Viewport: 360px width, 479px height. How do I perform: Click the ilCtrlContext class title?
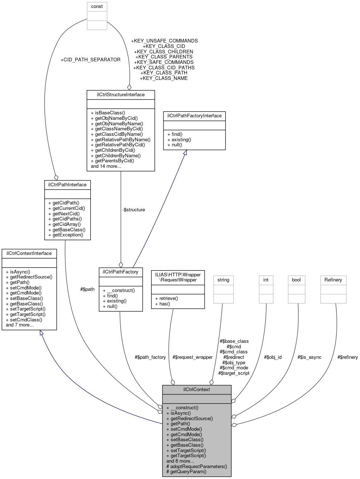(197, 389)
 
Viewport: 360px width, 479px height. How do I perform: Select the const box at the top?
(97, 7)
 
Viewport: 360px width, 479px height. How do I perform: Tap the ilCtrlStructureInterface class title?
(121, 95)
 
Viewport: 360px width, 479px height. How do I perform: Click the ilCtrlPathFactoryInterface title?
(194, 116)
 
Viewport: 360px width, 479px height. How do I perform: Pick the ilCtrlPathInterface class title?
(68, 185)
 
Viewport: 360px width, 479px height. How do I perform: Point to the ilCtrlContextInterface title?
(29, 253)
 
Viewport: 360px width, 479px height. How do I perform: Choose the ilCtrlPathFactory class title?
(121, 272)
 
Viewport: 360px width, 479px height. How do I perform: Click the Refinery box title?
(333, 280)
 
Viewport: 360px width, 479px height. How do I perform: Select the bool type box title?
(296, 280)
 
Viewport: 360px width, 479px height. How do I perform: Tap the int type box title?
(266, 280)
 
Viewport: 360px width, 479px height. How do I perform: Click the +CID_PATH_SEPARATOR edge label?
(90, 60)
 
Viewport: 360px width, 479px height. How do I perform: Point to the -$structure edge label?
(134, 210)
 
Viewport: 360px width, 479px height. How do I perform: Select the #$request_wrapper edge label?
(193, 357)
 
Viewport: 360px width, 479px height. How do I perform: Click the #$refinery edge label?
(347, 357)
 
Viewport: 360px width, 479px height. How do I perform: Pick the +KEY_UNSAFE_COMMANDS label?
(164, 41)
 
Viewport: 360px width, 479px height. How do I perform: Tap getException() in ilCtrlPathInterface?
(68, 235)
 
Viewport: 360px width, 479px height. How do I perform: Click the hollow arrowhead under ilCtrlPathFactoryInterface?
(185, 153)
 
